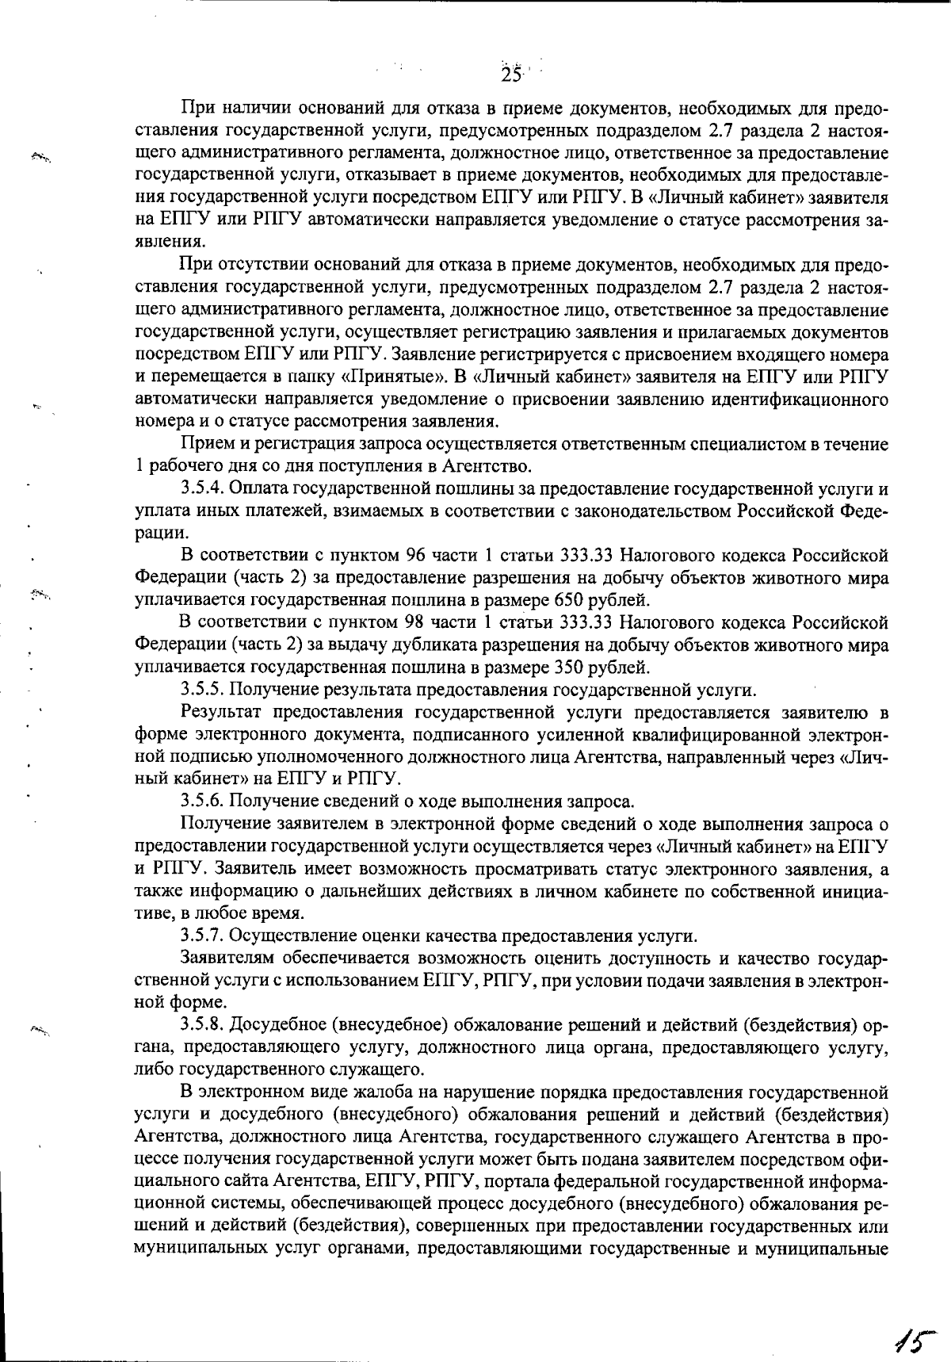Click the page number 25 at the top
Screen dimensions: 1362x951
[512, 75]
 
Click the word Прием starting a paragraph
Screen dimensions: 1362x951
[204, 443]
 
